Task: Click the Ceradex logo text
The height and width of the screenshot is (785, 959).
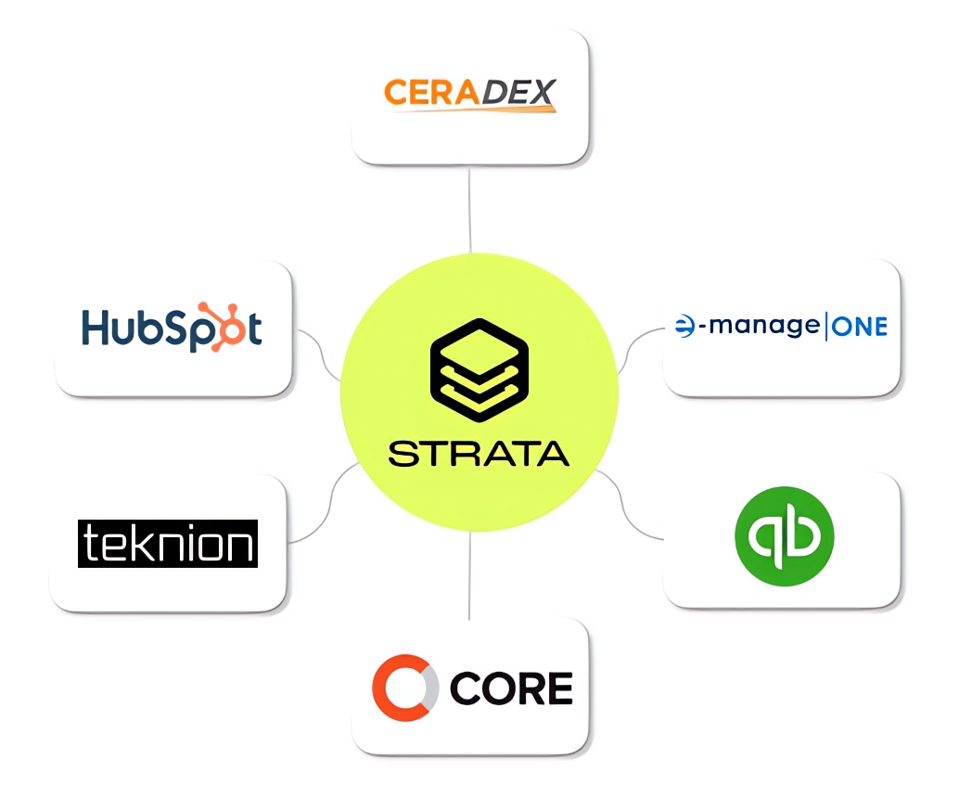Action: tap(469, 94)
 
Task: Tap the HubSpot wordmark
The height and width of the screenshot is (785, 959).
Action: tap(172, 328)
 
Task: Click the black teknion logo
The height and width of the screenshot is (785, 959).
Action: tap(167, 544)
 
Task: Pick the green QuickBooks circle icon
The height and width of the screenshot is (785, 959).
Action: tap(784, 536)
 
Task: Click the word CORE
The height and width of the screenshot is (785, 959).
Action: tap(511, 688)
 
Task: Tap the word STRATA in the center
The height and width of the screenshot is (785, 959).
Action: tap(479, 454)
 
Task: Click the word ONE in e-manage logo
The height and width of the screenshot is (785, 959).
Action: tap(859, 327)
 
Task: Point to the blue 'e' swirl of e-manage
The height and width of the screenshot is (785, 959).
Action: tap(686, 327)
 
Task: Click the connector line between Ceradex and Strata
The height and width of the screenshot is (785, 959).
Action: tap(470, 209)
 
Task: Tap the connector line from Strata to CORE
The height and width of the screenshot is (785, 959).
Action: tap(470, 575)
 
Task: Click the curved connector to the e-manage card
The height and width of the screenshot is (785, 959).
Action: tap(639, 348)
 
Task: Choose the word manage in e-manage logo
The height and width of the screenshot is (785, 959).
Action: tap(761, 327)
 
